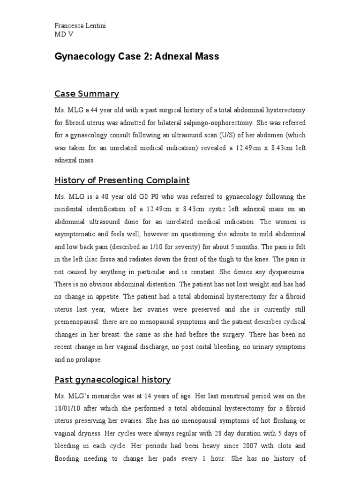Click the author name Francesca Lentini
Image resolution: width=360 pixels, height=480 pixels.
(x=80, y=26)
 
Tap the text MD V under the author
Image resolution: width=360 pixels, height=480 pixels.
(x=64, y=35)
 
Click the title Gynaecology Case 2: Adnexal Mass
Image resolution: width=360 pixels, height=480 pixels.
(x=137, y=57)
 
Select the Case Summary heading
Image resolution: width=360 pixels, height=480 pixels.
(x=87, y=94)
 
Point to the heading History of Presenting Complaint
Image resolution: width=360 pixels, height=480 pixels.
(x=122, y=180)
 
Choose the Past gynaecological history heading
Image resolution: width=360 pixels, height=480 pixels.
(x=112, y=379)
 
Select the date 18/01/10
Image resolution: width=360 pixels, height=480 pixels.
(x=68, y=408)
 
